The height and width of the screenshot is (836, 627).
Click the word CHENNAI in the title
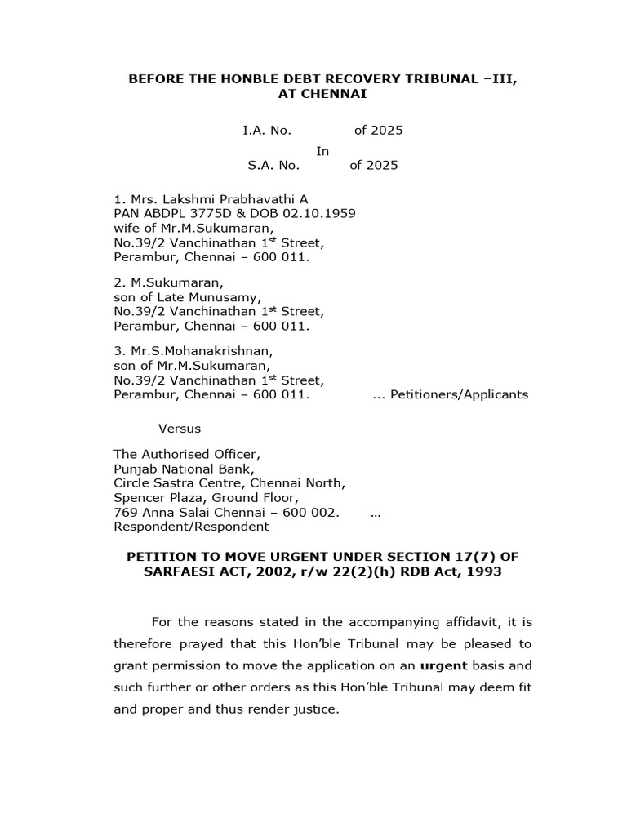point(335,94)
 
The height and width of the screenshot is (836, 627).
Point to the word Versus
point(179,428)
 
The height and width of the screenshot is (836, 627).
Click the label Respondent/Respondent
point(179,527)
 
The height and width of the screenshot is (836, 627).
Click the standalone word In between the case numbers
point(322,150)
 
